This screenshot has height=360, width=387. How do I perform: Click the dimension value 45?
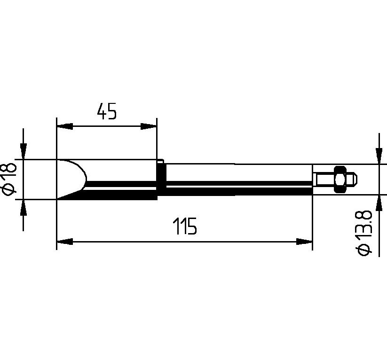(x=107, y=111)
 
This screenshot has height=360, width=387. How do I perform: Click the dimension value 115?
(x=185, y=226)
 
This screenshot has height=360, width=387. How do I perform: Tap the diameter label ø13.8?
(x=364, y=234)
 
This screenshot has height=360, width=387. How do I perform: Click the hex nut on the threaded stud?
(x=340, y=180)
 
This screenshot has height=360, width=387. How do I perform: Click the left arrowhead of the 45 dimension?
(x=65, y=126)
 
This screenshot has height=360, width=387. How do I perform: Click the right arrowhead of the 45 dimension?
(x=149, y=126)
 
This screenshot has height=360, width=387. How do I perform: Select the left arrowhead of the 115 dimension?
(x=65, y=242)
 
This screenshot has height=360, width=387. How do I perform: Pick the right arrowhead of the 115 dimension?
(x=304, y=242)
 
